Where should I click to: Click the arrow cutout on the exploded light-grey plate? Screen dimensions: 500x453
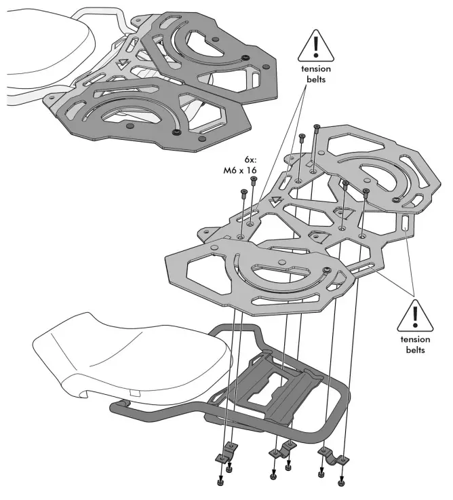(275, 201)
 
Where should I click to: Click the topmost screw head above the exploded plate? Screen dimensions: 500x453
(316, 126)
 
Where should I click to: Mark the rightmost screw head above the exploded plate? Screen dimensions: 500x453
(366, 191)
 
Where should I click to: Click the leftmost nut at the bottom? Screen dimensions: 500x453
(221, 482)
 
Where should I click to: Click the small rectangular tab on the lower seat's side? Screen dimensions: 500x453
(134, 391)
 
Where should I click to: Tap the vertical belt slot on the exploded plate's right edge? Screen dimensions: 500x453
(405, 222)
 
